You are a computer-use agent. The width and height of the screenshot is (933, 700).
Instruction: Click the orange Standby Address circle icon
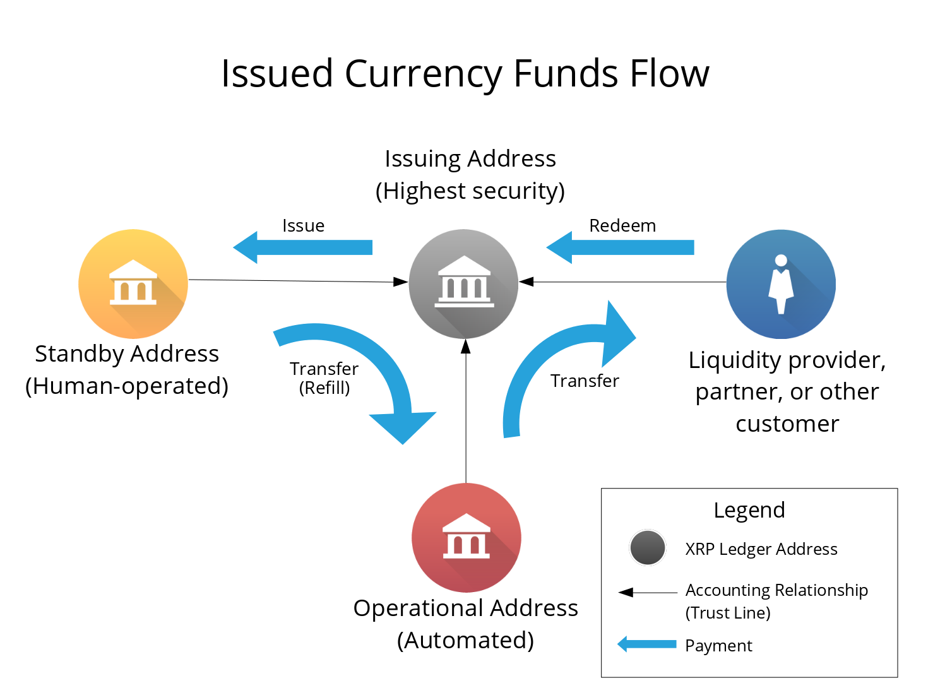(133, 284)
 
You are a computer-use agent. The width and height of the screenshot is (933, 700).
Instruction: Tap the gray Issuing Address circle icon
(464, 284)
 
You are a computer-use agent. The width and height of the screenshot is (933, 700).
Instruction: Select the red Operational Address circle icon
(466, 538)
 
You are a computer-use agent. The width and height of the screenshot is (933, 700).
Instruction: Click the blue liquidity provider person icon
(781, 284)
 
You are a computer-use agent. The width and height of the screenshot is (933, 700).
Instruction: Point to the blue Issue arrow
(303, 247)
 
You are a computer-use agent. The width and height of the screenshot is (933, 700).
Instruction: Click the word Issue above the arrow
(304, 226)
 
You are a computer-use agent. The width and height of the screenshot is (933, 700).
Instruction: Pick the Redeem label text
(622, 226)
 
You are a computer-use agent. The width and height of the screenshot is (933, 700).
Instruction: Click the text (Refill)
(324, 388)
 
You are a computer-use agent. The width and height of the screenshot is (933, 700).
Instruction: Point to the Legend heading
(749, 510)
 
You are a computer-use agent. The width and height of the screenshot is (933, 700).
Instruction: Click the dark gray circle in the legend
(647, 548)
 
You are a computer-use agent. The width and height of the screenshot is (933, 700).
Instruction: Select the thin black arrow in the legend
(648, 593)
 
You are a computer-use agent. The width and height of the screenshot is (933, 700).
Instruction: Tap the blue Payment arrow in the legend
(647, 644)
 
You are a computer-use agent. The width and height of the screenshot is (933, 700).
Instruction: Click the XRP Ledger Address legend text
(761, 549)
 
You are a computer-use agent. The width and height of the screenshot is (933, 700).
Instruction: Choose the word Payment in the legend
(718, 646)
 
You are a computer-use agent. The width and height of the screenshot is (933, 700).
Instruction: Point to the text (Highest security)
(470, 191)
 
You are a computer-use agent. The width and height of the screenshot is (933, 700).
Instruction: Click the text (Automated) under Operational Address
(466, 640)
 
